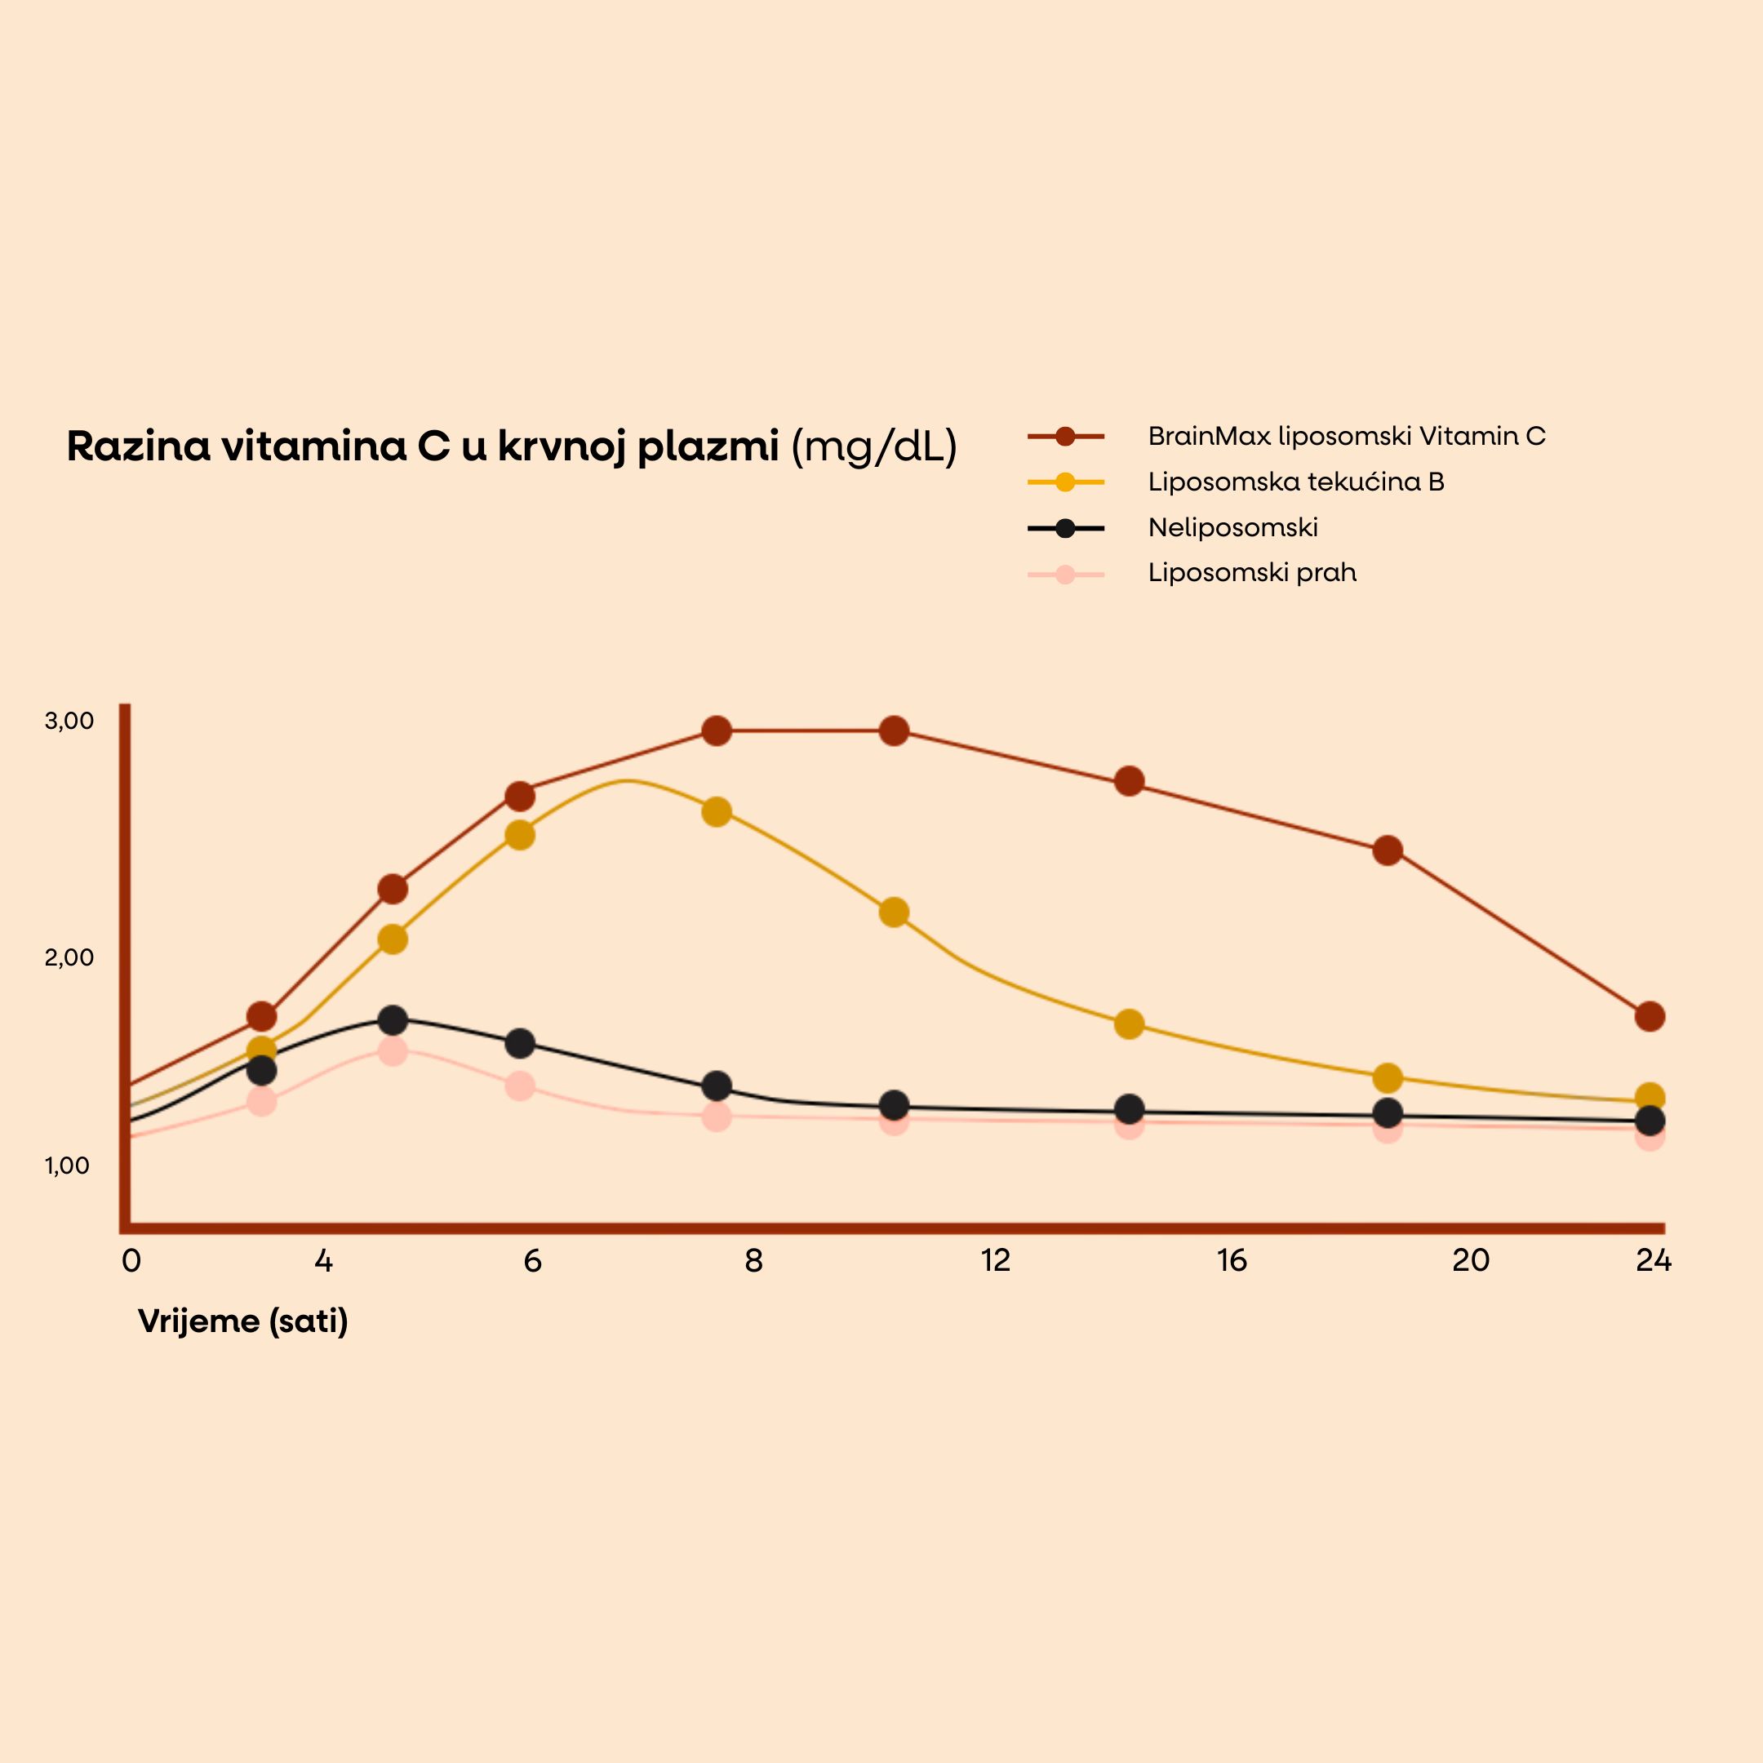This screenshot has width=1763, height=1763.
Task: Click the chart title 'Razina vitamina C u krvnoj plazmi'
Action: click(x=422, y=447)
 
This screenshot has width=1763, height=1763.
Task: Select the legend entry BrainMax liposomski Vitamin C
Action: click(x=1346, y=436)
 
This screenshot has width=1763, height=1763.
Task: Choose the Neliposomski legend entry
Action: click(x=1232, y=527)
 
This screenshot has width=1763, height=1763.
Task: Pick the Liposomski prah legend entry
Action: click(x=1251, y=573)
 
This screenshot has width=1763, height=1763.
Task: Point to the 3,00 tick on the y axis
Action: click(x=69, y=721)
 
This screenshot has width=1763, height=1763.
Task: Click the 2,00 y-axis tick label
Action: click(x=69, y=957)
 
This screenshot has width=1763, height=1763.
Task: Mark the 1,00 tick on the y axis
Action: click(x=68, y=1166)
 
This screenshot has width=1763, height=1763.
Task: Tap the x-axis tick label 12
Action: click(x=996, y=1260)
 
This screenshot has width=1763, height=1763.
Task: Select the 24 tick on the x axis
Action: click(x=1654, y=1260)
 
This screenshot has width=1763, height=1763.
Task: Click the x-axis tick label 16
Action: click(x=1231, y=1260)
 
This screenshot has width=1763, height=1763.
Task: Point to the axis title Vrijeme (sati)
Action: click(x=242, y=1321)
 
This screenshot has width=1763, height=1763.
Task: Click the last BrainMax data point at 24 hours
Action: click(x=1650, y=1015)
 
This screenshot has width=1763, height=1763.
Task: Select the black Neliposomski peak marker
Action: click(x=393, y=1019)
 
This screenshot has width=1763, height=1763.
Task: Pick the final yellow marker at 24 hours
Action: click(x=1650, y=1097)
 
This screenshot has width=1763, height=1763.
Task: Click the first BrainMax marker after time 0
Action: click(x=262, y=1015)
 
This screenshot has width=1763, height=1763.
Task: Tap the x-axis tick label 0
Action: click(x=131, y=1260)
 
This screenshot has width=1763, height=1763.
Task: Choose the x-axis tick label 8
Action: click(x=753, y=1260)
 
